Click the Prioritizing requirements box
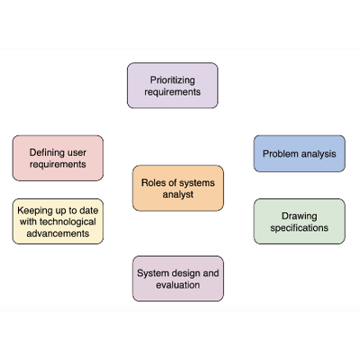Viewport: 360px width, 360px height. click(x=172, y=85)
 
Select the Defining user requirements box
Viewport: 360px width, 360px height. click(x=58, y=158)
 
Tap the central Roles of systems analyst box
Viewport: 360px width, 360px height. click(x=178, y=187)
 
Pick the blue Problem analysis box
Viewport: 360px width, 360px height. click(x=299, y=154)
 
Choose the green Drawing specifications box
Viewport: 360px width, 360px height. click(x=299, y=221)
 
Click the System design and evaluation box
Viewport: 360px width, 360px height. click(x=178, y=278)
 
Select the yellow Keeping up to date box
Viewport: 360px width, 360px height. click(x=58, y=221)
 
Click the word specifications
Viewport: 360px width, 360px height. click(x=299, y=228)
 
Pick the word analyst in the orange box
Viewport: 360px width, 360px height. click(x=178, y=193)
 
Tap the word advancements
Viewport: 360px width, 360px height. click(x=58, y=233)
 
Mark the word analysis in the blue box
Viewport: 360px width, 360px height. click(x=318, y=154)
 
